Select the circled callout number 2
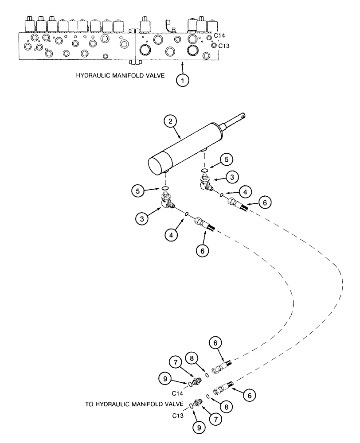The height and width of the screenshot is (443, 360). click(170, 121)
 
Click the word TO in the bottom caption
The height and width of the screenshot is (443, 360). click(90, 404)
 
